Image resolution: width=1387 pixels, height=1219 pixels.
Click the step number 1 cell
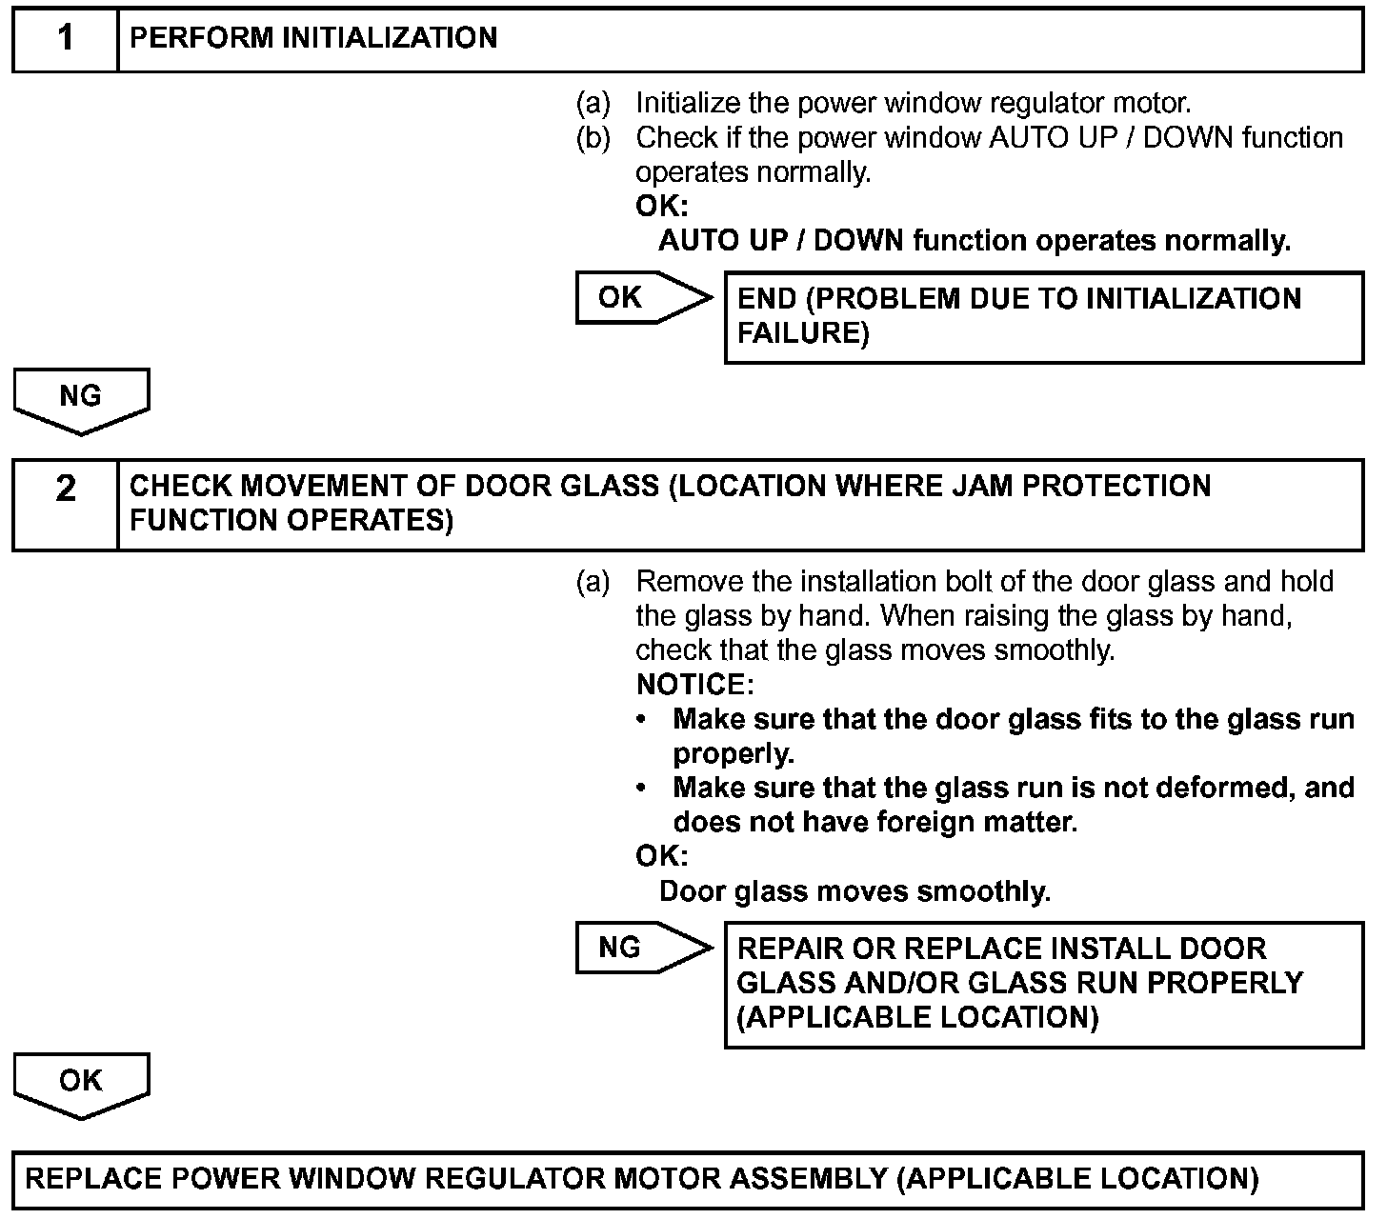coord(65,39)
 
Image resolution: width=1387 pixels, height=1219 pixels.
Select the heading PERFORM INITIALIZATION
coord(313,38)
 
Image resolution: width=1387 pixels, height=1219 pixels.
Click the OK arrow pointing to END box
coord(642,297)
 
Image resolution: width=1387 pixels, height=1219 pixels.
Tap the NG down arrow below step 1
coord(81,399)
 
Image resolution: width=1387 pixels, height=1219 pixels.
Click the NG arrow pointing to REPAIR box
coord(642,948)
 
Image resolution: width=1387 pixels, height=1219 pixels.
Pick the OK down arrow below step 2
coord(81,1083)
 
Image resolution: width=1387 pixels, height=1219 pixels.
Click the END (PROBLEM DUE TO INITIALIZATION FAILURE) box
coord(1043,316)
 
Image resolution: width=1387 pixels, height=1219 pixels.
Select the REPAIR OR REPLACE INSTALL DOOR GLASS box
coord(1043,984)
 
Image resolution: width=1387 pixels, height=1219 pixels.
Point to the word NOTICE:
coord(694,685)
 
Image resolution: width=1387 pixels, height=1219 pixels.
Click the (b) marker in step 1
coord(593,138)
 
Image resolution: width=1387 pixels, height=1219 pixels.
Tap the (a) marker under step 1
coord(593,103)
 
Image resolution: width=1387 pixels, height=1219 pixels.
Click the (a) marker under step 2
coord(593,582)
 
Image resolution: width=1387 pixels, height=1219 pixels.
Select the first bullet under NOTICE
coord(645,719)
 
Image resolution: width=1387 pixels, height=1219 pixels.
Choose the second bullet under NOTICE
coord(645,789)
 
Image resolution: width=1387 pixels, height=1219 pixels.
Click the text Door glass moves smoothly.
coord(854,891)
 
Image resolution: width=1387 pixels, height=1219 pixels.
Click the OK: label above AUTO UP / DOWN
coord(661,207)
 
